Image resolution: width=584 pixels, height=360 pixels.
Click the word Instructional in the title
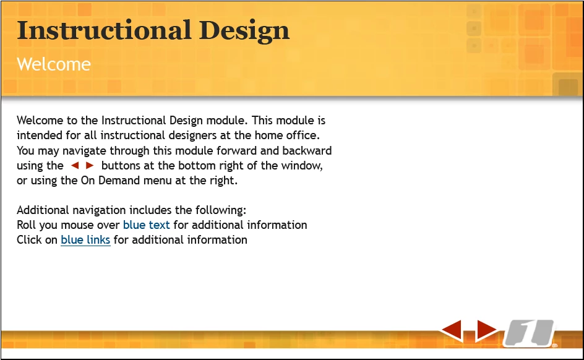[x=104, y=30]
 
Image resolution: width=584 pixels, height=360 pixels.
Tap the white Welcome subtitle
[x=54, y=64]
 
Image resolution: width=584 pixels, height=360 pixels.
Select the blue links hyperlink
[x=85, y=240]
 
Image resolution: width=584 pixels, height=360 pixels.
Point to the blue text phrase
[x=147, y=225]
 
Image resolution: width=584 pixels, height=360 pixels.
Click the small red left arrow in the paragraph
[x=75, y=165]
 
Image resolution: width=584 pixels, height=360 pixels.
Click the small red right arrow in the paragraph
[x=90, y=165]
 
